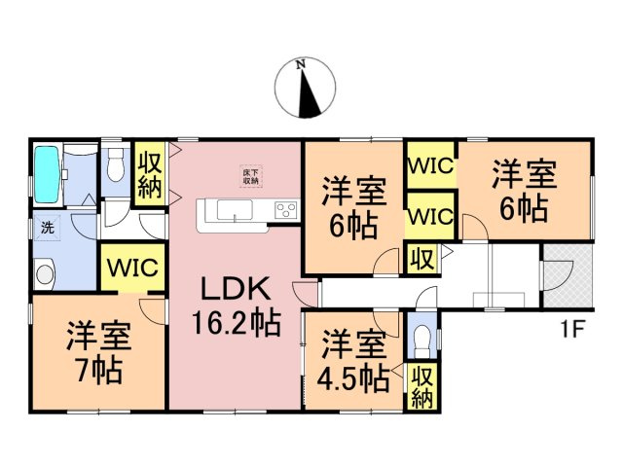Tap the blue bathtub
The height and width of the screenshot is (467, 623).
(x=48, y=174)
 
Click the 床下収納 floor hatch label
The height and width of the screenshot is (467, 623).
(x=251, y=177)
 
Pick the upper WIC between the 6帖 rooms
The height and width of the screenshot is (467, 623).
(x=430, y=166)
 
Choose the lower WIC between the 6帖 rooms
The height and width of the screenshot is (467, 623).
(x=430, y=215)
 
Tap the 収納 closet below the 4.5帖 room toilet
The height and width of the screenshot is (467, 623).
(x=422, y=387)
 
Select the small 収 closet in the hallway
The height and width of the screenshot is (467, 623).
(x=421, y=260)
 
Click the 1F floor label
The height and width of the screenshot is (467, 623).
(x=571, y=327)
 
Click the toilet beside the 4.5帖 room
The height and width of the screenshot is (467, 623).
(x=421, y=340)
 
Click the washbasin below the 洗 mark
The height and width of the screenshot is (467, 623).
(x=44, y=274)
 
